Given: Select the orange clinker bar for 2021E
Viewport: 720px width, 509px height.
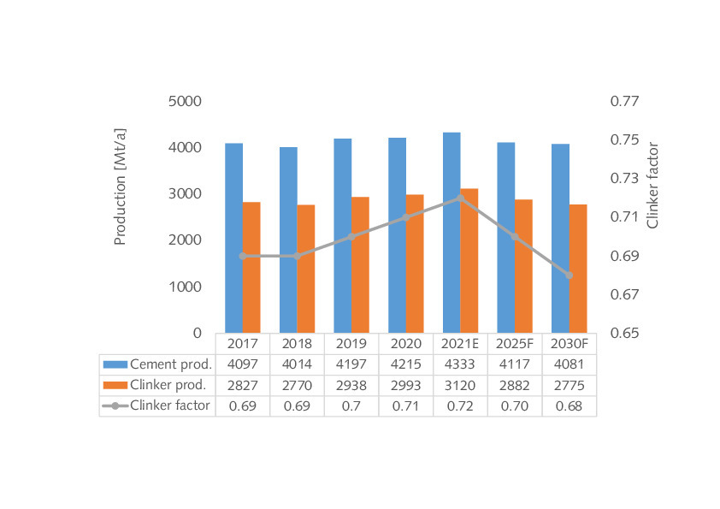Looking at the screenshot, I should point(469,261).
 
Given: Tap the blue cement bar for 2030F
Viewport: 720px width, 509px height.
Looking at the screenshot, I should point(560,239).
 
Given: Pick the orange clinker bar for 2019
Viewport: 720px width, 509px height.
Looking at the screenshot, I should point(360,265).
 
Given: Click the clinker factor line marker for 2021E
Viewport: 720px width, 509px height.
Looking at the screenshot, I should point(460,198).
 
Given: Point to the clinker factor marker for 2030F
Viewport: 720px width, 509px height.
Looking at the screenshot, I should point(569,275).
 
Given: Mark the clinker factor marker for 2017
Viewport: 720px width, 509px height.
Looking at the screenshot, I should point(243,256).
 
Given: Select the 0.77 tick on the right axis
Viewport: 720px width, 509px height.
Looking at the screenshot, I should point(623,101).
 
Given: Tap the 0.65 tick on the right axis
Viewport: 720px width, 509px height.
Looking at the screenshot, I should point(623,333).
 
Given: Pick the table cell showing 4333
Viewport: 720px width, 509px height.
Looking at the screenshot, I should point(460,364).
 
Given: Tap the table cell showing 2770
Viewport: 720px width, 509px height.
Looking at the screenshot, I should point(297,385).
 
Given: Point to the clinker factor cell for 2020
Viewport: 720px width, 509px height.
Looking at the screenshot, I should point(405,405).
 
